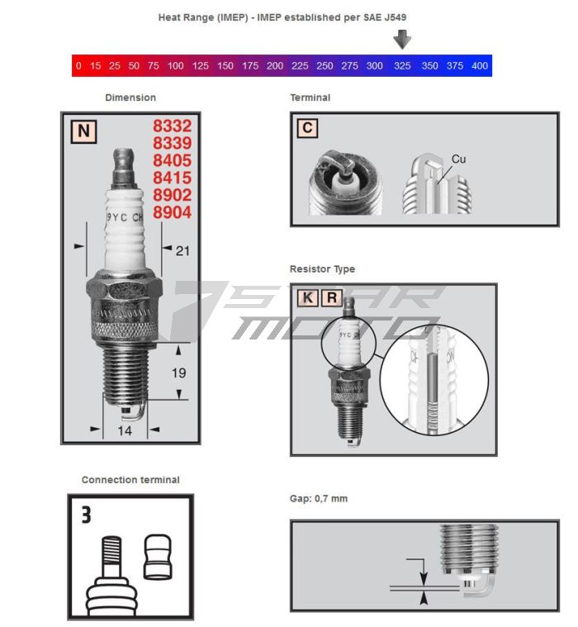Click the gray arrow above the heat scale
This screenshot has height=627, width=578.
coord(402,39)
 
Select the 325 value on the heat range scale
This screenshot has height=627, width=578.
coord(402,66)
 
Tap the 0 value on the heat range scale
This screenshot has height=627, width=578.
coord(78,66)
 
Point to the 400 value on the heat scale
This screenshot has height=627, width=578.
coord(479,66)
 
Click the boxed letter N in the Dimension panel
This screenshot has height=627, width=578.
coord(83,131)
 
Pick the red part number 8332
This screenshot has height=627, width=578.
coord(172,126)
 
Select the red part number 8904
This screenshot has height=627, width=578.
coord(172,212)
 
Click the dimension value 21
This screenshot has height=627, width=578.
coord(182,250)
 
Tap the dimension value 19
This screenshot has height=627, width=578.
coord(179,373)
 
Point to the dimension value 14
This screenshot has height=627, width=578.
coord(126,430)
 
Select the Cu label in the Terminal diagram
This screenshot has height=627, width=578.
coord(458,159)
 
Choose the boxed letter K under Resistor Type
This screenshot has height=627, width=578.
coord(308,297)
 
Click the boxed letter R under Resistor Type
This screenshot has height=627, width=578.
coord(331,297)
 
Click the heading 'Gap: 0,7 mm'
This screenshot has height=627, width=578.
coord(319,499)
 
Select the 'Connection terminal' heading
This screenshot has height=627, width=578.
coord(130,480)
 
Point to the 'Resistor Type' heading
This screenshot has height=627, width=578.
coord(322,269)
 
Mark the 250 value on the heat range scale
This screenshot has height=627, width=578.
coord(325,66)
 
